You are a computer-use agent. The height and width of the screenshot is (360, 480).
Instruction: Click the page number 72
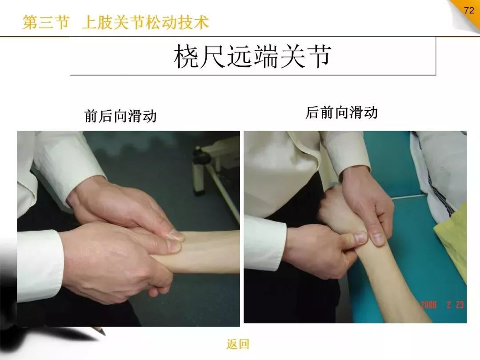(469, 10)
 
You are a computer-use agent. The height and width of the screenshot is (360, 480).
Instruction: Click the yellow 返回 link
(238, 344)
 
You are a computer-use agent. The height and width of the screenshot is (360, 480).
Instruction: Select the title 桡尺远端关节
(252, 56)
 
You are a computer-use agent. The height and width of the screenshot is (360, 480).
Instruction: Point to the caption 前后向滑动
(120, 116)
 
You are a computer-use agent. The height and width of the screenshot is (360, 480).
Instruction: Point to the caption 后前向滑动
(341, 112)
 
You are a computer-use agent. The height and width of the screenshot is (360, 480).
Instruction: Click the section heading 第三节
(46, 22)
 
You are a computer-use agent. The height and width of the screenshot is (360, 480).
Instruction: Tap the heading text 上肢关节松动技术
(145, 22)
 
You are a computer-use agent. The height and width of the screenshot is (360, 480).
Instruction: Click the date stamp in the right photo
(442, 305)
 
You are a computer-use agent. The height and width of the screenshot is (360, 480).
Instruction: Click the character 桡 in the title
(186, 56)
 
